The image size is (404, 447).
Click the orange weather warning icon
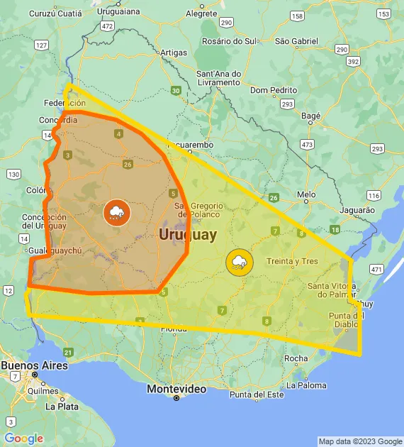[116, 213]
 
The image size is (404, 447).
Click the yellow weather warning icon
[238, 263]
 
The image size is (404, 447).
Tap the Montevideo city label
[176, 389]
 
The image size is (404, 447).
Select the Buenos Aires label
[34, 365]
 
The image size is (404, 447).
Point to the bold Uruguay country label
[188, 233]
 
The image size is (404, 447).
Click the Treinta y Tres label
[292, 261]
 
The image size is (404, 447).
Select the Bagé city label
[310, 115]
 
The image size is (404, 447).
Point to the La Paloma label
[307, 385]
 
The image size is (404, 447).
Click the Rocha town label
[296, 358]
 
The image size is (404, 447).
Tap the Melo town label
[306, 194]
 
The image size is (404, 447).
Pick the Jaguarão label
[356, 210]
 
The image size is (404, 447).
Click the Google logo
[23, 438]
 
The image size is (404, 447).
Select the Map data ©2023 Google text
[359, 441]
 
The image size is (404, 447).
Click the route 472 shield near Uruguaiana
[107, 26]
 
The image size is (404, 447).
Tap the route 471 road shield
[376, 269]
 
